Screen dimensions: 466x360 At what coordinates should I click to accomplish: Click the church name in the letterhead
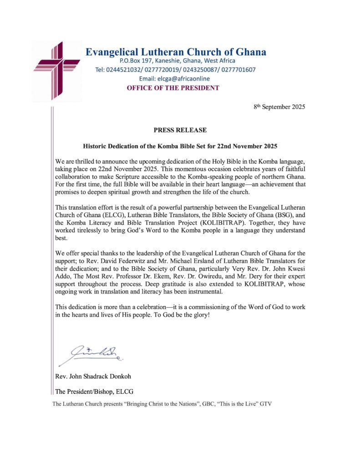pos(176,51)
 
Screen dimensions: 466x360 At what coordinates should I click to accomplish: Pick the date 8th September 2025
pos(279,107)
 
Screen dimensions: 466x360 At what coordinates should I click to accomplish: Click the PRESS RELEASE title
pos(180,130)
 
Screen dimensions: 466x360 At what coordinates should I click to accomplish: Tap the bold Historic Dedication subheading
pos(180,147)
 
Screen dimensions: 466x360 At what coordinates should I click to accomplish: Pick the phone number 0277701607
pos(236,70)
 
